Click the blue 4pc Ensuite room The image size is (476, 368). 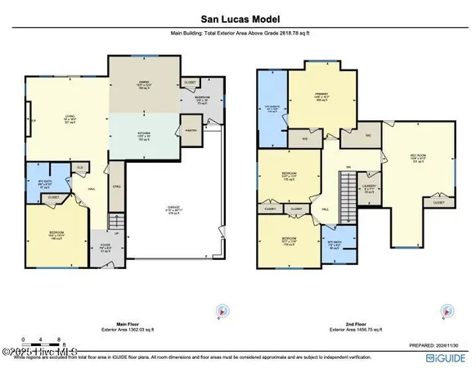pos(271,106)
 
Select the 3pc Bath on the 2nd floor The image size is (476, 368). pos(335,243)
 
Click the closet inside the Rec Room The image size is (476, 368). pos(438,200)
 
